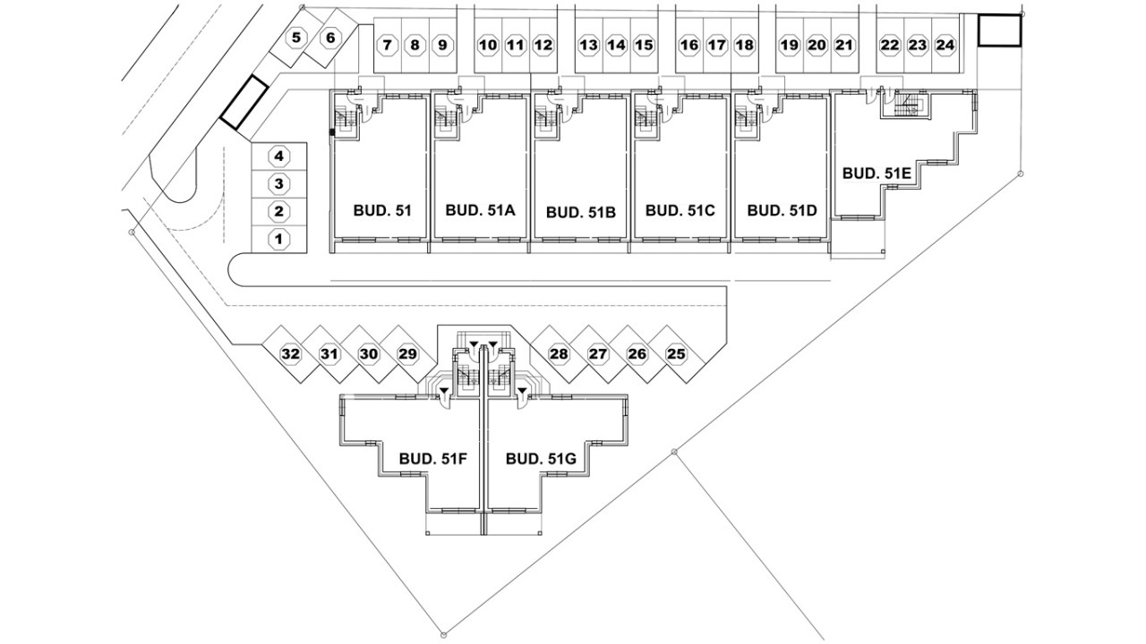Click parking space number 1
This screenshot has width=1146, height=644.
pyautogui.click(x=278, y=239)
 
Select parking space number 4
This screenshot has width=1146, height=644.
pyautogui.click(x=278, y=157)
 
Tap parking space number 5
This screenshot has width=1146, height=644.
pyautogui.click(x=296, y=38)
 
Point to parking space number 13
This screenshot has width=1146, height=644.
pyautogui.click(x=587, y=45)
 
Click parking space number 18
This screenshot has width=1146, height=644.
pyautogui.click(x=744, y=45)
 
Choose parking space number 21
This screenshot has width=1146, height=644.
pyautogui.click(x=844, y=45)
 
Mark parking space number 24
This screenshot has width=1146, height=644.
pyautogui.click(x=945, y=45)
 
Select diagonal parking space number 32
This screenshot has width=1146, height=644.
pyautogui.click(x=290, y=354)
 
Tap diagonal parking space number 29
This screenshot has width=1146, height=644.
pyautogui.click(x=407, y=354)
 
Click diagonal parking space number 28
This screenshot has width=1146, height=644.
pyautogui.click(x=559, y=354)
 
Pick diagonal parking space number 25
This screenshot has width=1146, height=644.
pyautogui.click(x=676, y=354)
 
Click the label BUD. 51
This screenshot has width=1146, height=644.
pyautogui.click(x=382, y=211)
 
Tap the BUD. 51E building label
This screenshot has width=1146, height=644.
pyautogui.click(x=877, y=173)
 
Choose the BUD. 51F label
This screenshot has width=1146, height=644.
pyautogui.click(x=434, y=459)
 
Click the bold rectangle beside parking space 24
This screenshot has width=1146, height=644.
pyautogui.click(x=998, y=30)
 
